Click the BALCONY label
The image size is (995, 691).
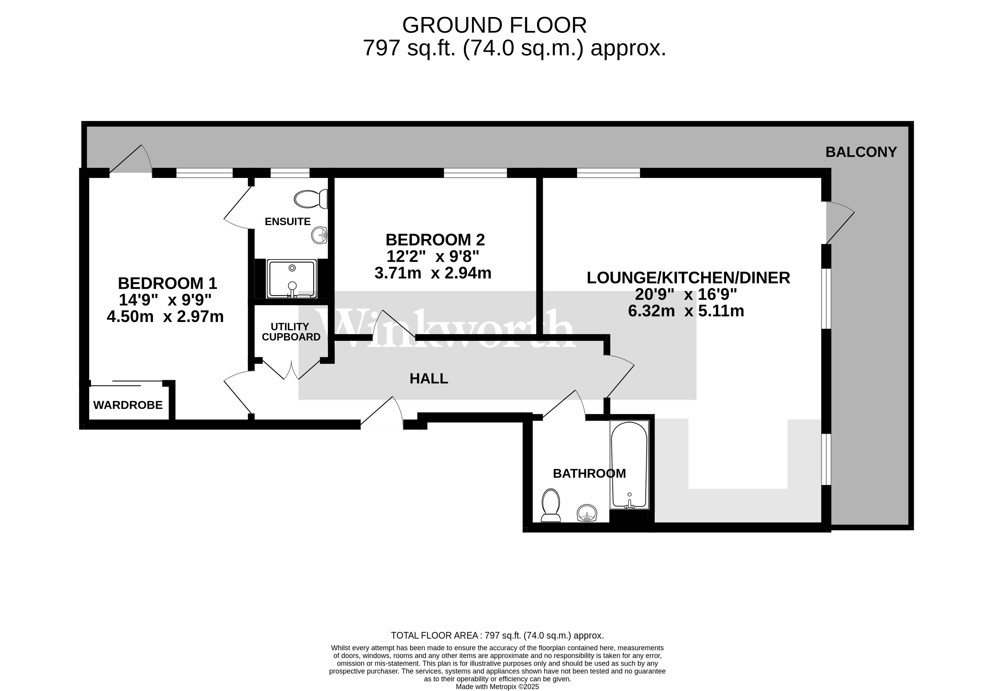(861, 152)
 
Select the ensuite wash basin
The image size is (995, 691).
(319, 235)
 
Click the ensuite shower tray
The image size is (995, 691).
(291, 278)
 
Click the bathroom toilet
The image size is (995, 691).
(550, 505)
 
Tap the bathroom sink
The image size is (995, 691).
(587, 513)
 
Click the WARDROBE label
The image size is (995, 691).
(128, 405)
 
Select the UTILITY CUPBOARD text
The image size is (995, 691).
(291, 332)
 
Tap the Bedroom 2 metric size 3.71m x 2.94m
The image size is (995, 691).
(433, 273)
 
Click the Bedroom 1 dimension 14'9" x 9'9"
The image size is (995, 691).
(165, 300)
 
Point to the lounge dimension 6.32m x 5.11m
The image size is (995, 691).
(686, 311)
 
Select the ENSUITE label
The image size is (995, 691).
(287, 222)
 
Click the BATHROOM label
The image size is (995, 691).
(589, 473)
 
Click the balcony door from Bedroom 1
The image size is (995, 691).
(130, 160)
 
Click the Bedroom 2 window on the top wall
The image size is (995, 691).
(475, 173)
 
